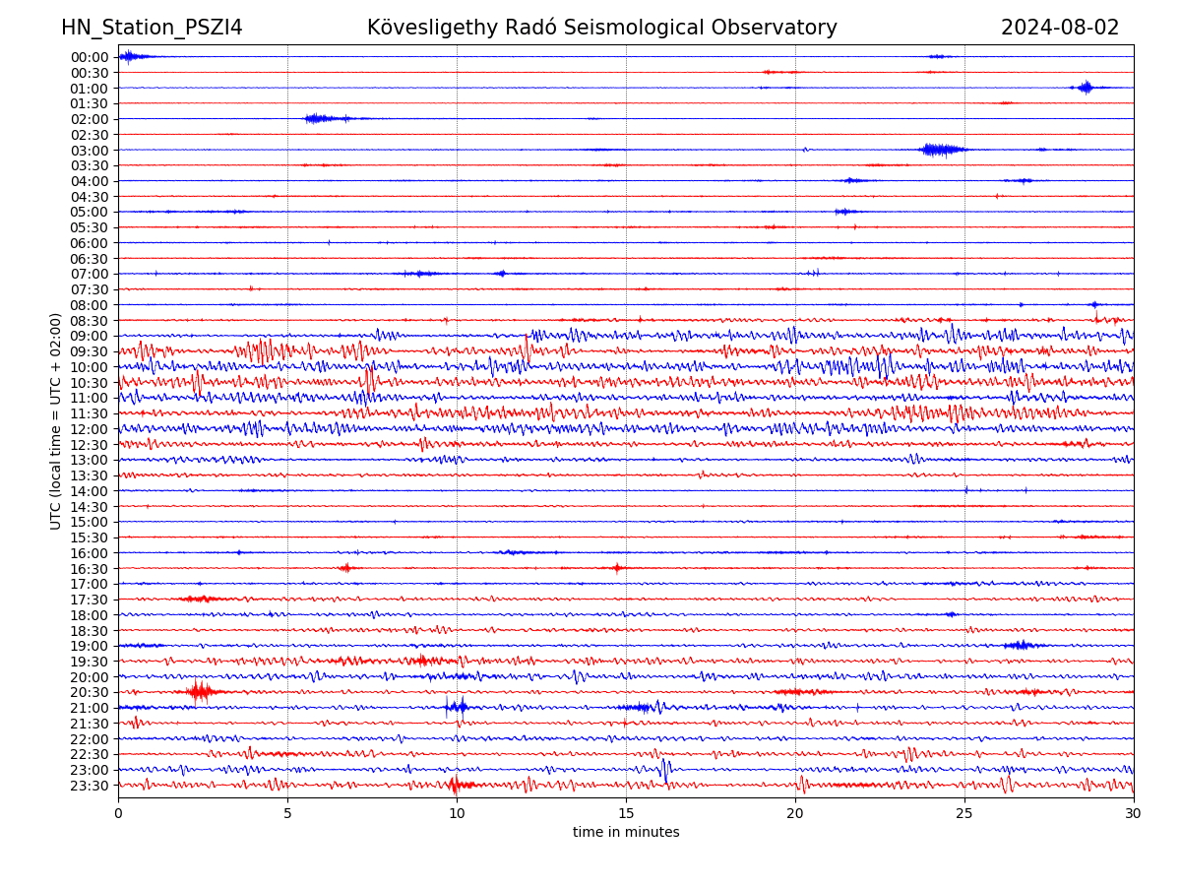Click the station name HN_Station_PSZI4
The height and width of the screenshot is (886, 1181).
point(152,29)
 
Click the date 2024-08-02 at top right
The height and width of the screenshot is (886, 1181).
point(1060,29)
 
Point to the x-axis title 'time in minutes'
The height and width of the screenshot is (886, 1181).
point(626,833)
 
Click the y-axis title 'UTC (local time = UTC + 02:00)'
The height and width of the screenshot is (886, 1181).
point(57,420)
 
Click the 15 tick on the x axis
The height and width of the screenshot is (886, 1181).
point(626,813)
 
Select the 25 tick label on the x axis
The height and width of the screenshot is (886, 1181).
point(964,813)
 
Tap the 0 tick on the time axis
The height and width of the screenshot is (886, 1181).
point(118,813)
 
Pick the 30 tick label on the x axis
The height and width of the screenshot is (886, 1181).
point(1134,813)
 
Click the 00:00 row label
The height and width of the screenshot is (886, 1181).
point(90,57)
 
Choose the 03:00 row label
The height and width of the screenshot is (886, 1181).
point(90,151)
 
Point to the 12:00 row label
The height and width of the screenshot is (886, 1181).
point(90,429)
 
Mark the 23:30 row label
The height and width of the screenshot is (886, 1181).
point(90,786)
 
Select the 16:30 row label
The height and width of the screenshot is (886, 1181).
point(90,569)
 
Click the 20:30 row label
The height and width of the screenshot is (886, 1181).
point(90,693)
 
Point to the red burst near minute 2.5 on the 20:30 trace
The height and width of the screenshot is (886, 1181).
point(200,692)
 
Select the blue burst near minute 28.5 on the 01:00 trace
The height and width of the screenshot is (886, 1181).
point(1086,88)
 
